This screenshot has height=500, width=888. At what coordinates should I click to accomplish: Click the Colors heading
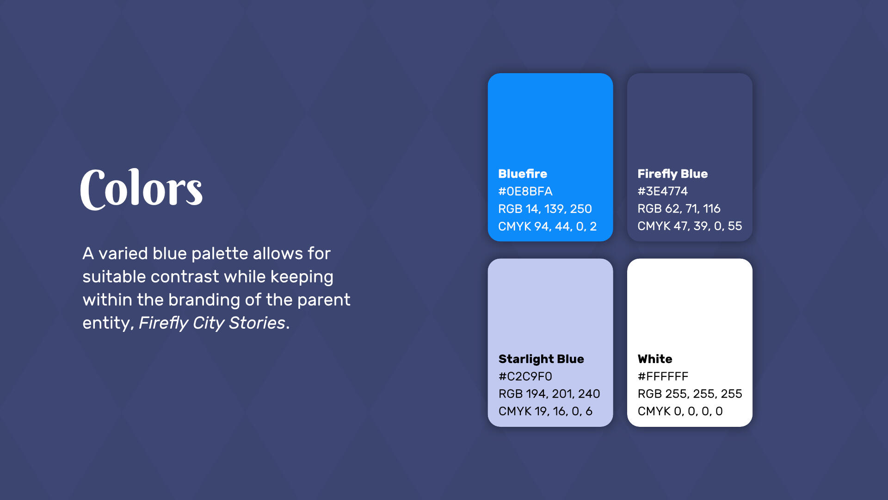[142, 188]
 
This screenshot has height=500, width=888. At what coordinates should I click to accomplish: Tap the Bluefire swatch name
[523, 174]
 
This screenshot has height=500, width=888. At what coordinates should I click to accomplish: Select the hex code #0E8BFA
[525, 191]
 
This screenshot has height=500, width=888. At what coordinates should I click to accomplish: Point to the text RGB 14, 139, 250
[545, 209]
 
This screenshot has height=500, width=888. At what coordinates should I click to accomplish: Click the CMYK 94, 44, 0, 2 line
[547, 226]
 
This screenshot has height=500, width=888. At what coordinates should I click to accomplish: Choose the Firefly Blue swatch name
[672, 174]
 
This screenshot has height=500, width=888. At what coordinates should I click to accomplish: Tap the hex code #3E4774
[662, 191]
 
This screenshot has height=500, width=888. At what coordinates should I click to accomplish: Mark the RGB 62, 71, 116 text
[678, 209]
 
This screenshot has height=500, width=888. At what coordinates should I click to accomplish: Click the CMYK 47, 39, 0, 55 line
[690, 226]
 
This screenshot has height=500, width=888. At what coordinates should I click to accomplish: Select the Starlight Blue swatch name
[541, 359]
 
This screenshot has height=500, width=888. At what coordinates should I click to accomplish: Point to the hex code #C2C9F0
[525, 376]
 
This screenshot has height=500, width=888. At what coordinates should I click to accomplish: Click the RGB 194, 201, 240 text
[549, 394]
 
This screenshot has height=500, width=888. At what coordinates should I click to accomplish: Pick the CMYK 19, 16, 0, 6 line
[545, 411]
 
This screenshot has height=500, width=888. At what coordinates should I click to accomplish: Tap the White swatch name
[655, 359]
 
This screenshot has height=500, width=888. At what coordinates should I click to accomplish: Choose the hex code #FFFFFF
[663, 376]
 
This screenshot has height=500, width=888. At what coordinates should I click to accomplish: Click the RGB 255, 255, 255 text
[690, 394]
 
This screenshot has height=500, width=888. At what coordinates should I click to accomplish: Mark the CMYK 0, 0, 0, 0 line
[680, 411]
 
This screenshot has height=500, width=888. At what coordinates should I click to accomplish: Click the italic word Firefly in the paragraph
[163, 323]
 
